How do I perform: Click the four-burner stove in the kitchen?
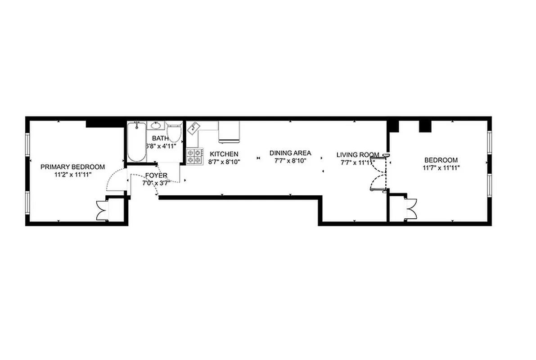[195, 156]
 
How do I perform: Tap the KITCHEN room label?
[224, 154]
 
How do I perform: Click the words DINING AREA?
[290, 153]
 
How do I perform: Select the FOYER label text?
[156, 175]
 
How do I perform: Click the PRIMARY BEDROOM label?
[72, 167]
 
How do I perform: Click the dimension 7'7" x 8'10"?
[290, 161]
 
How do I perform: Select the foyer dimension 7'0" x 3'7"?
[156, 183]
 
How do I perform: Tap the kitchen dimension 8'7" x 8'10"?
[224, 162]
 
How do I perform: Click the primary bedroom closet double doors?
[102, 210]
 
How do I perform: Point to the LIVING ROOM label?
[358, 155]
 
